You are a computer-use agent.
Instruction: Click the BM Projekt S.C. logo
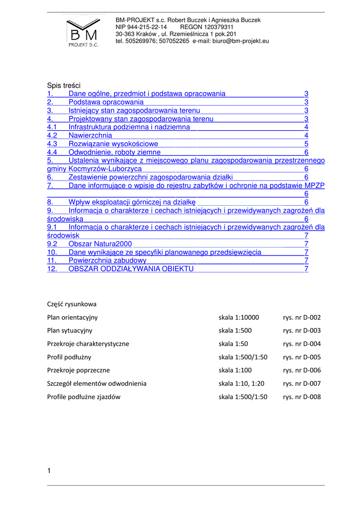83,31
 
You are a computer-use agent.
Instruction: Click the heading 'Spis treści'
64,85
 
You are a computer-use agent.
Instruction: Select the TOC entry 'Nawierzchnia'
90,135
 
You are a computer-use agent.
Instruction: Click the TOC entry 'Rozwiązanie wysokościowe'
113,144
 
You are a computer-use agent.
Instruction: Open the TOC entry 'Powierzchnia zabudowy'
107,260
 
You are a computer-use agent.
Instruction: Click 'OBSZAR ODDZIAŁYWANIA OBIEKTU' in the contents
131,269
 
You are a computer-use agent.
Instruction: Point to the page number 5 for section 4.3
306,144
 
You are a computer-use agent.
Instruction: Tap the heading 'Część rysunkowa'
72,304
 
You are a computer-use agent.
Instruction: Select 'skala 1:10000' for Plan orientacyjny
239,317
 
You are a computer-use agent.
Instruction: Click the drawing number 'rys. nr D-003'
302,331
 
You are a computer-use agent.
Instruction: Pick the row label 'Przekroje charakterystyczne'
88,343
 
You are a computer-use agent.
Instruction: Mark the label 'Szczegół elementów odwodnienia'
96,384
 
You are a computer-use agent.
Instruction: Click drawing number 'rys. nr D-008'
302,397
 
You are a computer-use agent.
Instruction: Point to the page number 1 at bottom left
49,470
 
